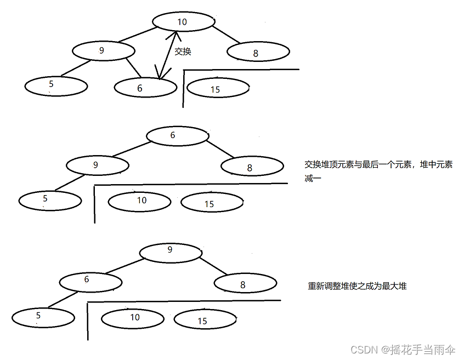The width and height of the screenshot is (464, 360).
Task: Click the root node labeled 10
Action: point(183,21)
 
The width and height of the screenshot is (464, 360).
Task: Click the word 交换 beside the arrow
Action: point(183,52)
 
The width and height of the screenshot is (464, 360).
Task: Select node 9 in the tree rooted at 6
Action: point(98,165)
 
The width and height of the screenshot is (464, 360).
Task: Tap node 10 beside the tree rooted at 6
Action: point(139,201)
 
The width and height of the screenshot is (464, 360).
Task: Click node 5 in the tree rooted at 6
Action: point(50,200)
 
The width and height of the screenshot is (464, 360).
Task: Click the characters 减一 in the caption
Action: point(313,179)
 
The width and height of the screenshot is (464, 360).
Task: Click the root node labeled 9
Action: point(171,251)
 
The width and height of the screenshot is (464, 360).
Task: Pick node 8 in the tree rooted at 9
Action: point(245,284)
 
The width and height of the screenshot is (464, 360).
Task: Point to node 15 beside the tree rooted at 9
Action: point(205,319)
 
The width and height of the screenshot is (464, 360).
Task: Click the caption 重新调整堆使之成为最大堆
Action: point(357,286)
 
